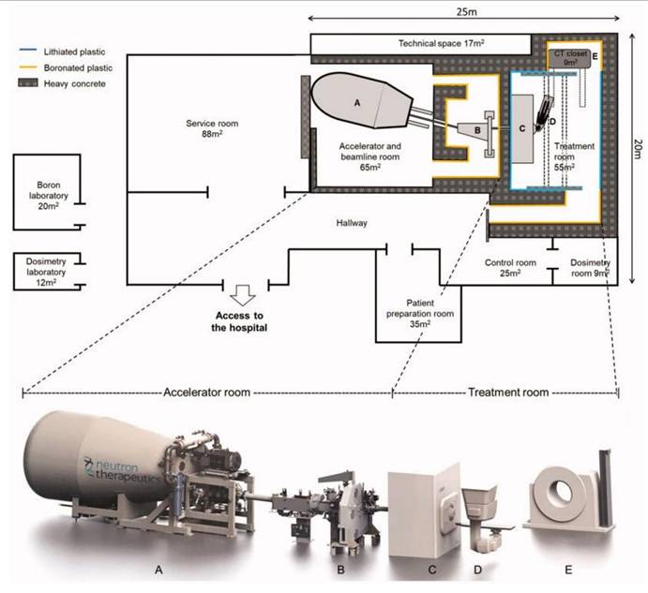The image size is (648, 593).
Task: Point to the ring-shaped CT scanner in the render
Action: (557, 493)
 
